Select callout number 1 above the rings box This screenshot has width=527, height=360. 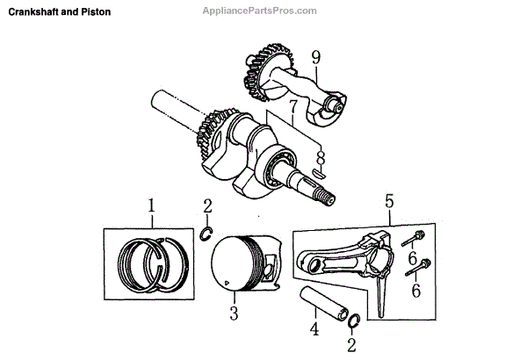point(151,207)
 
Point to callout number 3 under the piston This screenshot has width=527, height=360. point(233,312)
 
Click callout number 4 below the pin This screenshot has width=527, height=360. point(314,330)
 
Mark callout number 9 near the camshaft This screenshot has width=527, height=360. point(315,58)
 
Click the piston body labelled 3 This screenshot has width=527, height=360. point(248,267)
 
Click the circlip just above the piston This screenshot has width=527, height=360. point(207,233)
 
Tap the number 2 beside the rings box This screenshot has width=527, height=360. point(207,207)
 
